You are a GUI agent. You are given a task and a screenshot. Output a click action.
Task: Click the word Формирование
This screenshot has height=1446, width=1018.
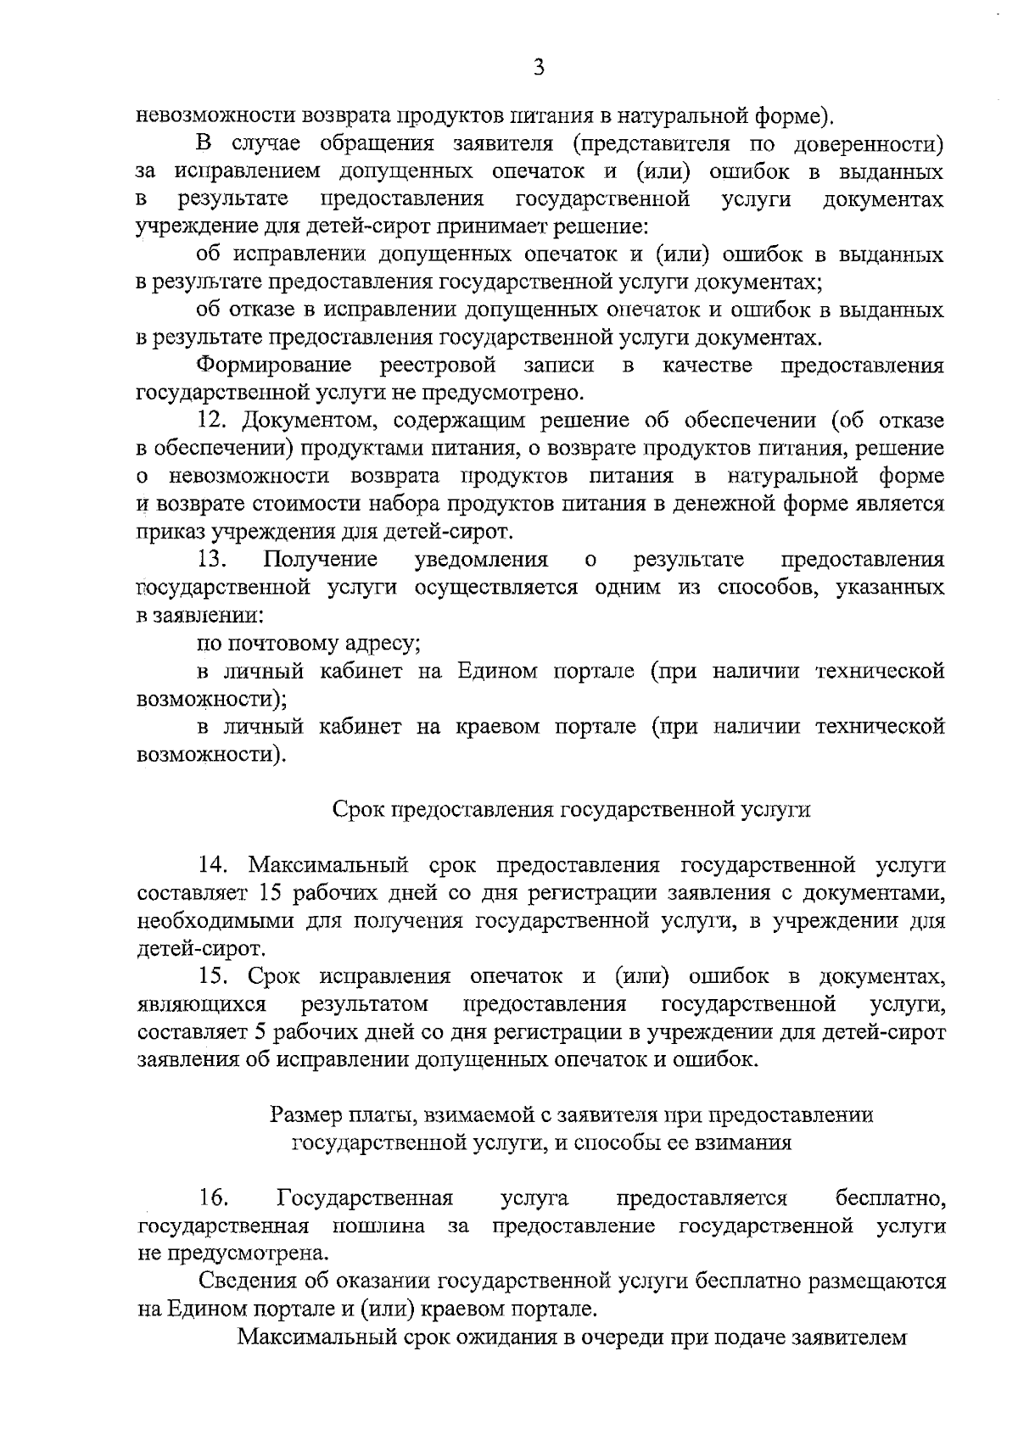pyautogui.click(x=274, y=366)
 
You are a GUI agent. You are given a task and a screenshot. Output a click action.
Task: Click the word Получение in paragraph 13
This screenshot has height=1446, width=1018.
pyautogui.click(x=321, y=560)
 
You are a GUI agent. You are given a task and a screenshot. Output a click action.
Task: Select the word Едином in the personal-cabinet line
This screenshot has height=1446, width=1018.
pyautogui.click(x=498, y=672)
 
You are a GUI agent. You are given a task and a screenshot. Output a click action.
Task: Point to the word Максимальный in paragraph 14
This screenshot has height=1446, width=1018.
pyautogui.click(x=330, y=866)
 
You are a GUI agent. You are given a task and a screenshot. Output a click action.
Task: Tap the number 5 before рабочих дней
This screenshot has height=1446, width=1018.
pyautogui.click(x=260, y=1033)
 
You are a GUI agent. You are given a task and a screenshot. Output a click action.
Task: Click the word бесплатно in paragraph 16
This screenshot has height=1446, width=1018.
pyautogui.click(x=890, y=1198)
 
